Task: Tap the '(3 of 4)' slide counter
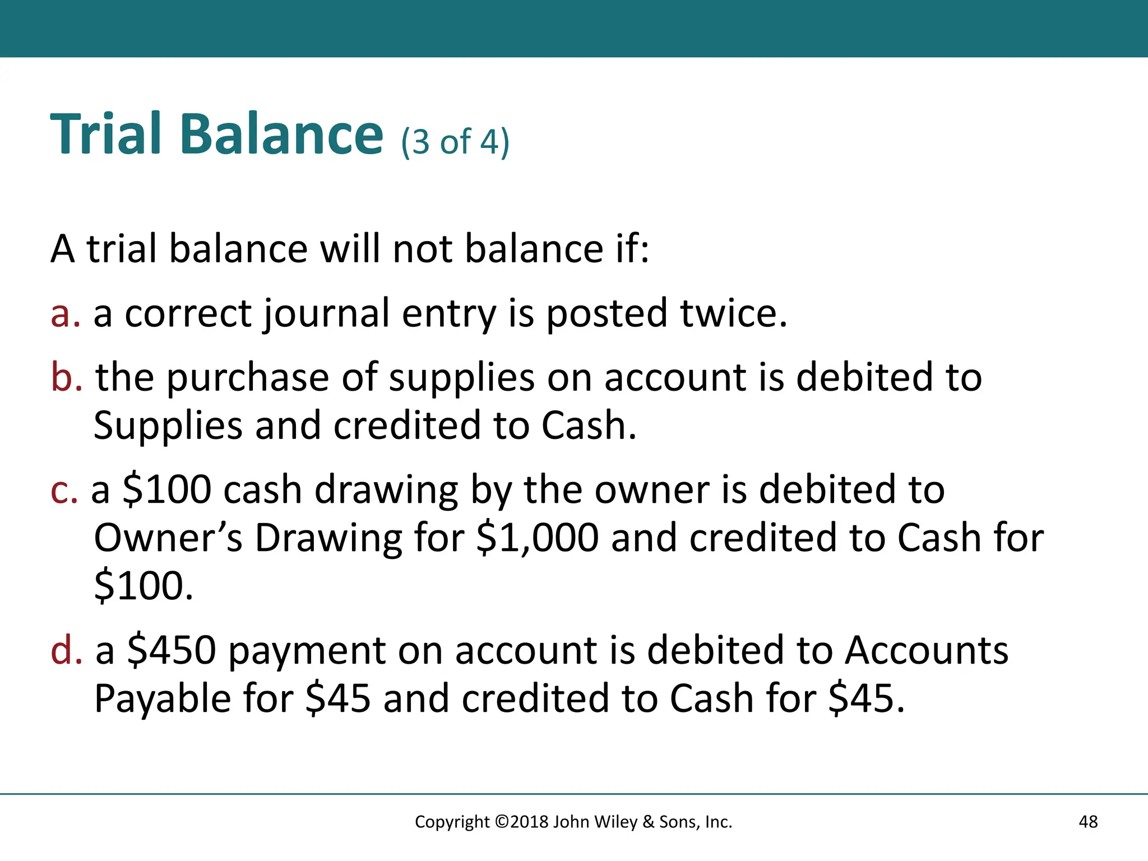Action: tap(455, 142)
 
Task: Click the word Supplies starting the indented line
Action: tap(168, 426)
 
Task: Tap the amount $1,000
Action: tap(537, 538)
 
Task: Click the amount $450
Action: tap(172, 650)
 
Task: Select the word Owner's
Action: tap(168, 538)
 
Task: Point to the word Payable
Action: tap(163, 699)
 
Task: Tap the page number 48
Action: tap(1088, 822)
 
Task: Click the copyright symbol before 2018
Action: tap(502, 822)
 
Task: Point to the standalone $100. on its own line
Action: tap(143, 586)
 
